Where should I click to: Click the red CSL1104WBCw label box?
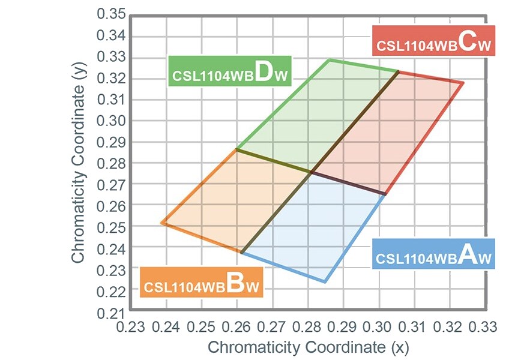pyautogui.click(x=433, y=40)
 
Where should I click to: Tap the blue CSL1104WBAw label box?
pyautogui.click(x=433, y=253)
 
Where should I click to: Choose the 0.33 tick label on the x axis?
pyautogui.click(x=484, y=328)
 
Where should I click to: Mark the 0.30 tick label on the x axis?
pyautogui.click(x=378, y=328)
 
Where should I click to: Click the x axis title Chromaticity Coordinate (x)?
pyautogui.click(x=308, y=347)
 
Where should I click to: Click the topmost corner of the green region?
pyautogui.click(x=329, y=59)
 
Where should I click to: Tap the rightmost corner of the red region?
pyautogui.click(x=463, y=83)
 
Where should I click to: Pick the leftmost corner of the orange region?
pyautogui.click(x=161, y=223)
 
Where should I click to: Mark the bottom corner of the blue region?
pyautogui.click(x=325, y=282)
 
